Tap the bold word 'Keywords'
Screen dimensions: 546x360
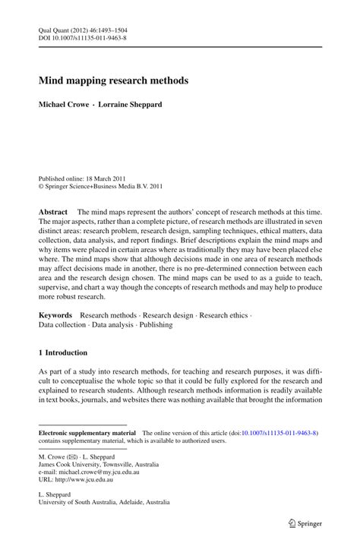tap(55, 314)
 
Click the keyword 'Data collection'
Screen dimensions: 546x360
tap(62, 324)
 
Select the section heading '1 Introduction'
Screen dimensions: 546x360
tap(63, 353)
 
